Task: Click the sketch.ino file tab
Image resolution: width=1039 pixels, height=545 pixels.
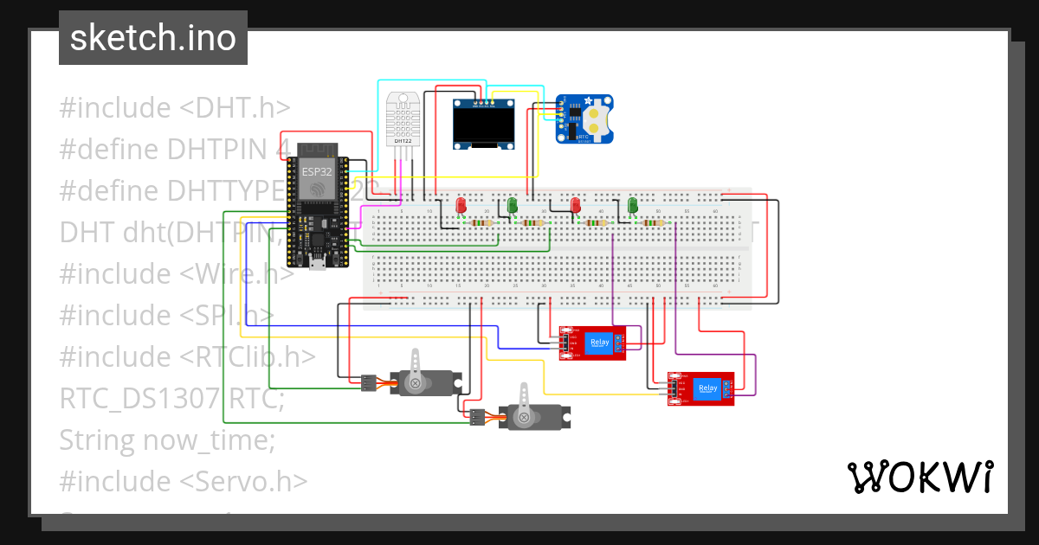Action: click(152, 38)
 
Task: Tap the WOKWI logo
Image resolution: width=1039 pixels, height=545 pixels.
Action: click(919, 477)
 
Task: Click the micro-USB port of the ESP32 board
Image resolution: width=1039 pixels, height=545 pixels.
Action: click(318, 263)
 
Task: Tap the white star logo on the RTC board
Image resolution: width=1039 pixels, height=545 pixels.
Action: click(576, 102)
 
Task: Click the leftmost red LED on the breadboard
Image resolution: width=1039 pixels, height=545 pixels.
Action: click(461, 206)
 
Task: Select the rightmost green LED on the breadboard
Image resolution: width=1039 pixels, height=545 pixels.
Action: click(633, 206)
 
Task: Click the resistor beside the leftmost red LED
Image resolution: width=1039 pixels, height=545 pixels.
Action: click(482, 223)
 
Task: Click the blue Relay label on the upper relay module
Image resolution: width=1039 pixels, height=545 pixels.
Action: click(600, 343)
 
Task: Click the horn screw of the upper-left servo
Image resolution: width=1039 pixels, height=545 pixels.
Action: click(416, 382)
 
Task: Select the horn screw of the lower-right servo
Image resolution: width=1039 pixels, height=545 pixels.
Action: click(523, 417)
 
